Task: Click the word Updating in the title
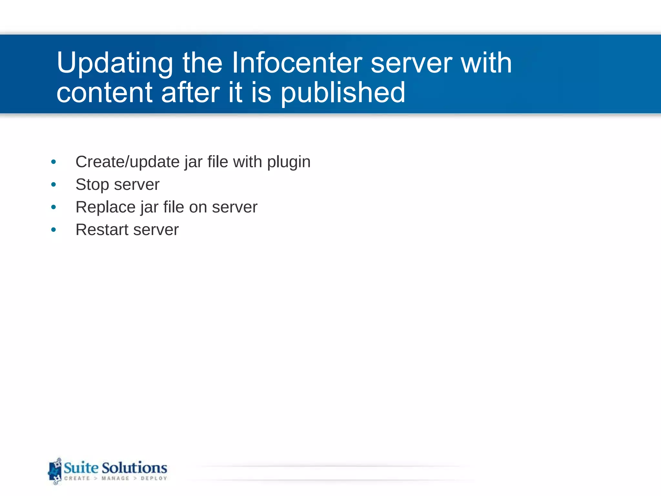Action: [115, 63]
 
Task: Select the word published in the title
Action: [343, 93]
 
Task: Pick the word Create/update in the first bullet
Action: [127, 162]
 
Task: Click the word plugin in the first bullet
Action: [289, 162]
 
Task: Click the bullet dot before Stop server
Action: [54, 185]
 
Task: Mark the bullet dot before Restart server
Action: [54, 230]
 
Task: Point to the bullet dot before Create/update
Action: [54, 162]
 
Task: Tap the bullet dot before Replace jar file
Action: [54, 207]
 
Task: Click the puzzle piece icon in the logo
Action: [55, 471]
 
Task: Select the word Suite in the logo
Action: [81, 468]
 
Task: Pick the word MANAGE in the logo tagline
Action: [115, 478]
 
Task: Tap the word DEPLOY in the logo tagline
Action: [154, 478]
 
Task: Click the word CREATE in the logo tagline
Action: [77, 478]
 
